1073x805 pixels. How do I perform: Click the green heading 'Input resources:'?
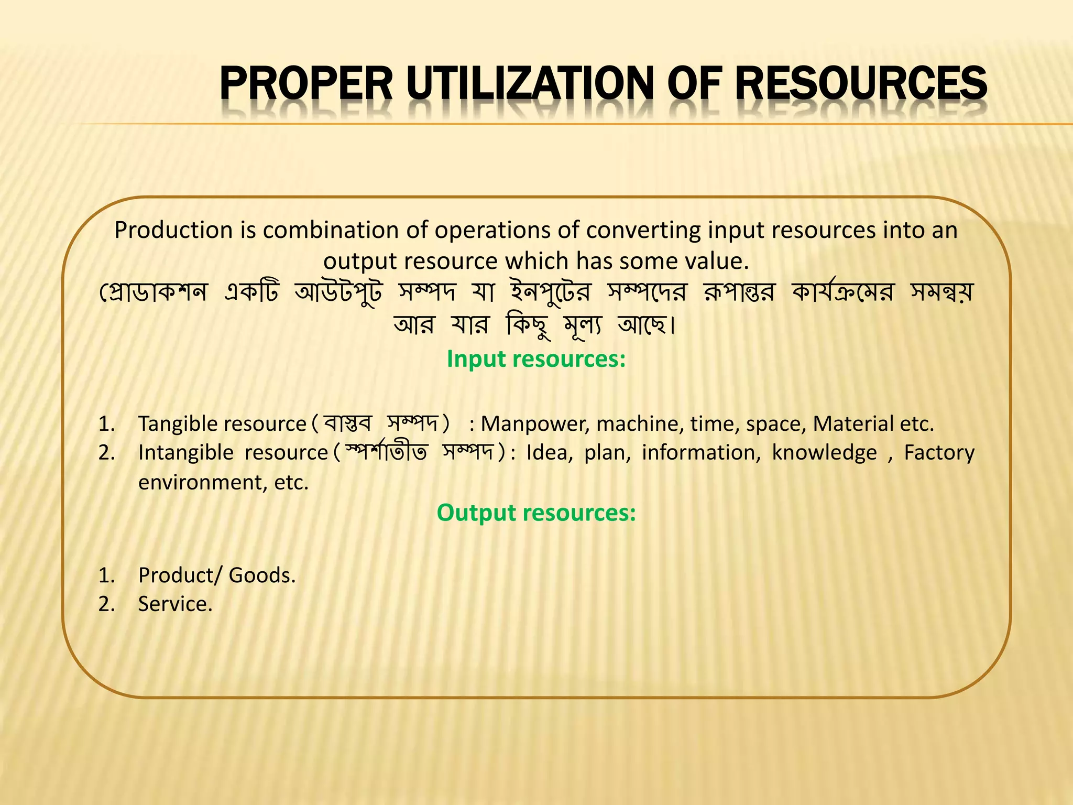pos(536,359)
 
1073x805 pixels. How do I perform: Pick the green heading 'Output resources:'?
pos(536,513)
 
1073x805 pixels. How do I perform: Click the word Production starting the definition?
pos(173,231)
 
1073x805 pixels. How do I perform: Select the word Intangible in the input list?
pos(185,453)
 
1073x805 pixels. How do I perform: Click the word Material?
pos(853,424)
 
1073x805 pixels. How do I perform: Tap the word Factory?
pos(939,453)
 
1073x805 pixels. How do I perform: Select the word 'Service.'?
pos(175,604)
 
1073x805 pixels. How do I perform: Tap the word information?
pos(700,453)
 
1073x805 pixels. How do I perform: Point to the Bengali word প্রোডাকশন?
pos(154,292)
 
